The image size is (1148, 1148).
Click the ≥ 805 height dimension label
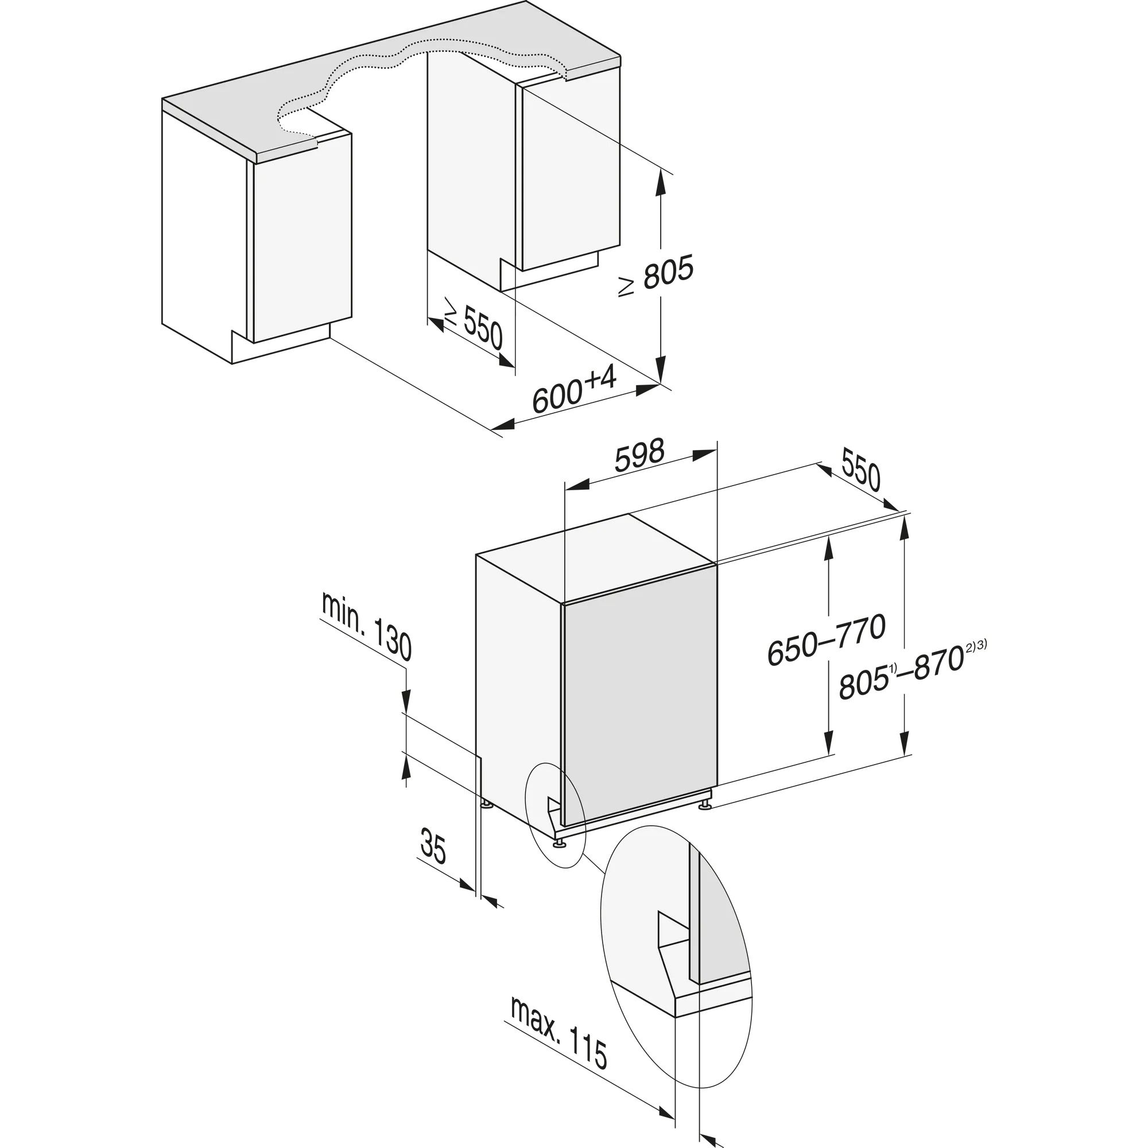[x=656, y=277]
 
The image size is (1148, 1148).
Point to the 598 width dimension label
[x=639, y=456]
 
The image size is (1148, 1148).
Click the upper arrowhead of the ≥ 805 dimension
[x=660, y=180]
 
